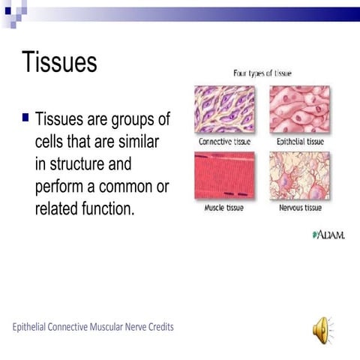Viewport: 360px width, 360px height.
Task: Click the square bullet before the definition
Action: (x=25, y=118)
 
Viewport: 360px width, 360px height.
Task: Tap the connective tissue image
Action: (x=225, y=109)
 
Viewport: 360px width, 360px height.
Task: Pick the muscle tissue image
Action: (x=225, y=175)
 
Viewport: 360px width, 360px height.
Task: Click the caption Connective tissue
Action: (x=225, y=141)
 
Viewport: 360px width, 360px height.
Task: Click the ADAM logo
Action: (x=328, y=235)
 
